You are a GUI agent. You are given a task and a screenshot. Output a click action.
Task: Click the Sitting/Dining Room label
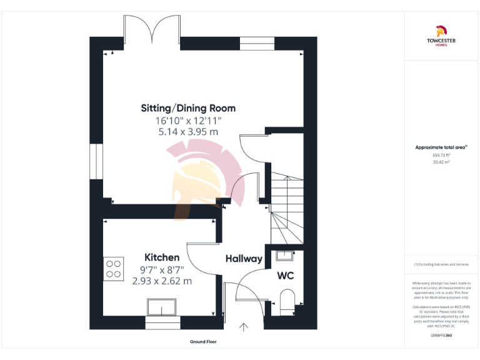pyautogui.click(x=188, y=108)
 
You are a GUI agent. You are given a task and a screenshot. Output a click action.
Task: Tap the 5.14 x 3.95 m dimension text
pyautogui.click(x=188, y=132)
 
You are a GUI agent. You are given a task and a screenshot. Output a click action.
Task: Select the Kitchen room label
pyautogui.click(x=162, y=257)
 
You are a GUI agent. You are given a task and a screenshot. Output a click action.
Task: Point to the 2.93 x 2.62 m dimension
pyautogui.click(x=162, y=281)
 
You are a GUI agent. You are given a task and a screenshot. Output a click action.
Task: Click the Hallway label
pyautogui.click(x=244, y=259)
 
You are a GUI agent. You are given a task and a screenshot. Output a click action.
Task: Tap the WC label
pyautogui.click(x=285, y=276)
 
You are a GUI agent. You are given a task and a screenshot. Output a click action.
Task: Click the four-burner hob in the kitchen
pyautogui.click(x=114, y=269)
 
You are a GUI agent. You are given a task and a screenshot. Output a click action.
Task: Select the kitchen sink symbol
pyautogui.click(x=162, y=307)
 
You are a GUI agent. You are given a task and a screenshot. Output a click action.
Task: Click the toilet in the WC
pyautogui.click(x=287, y=301)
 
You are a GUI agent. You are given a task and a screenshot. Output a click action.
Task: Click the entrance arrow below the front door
pyautogui.click(x=243, y=326)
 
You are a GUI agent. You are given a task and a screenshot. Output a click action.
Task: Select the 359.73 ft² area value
pyautogui.click(x=441, y=155)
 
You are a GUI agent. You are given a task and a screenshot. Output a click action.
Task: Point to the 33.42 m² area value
pyautogui.click(x=441, y=161)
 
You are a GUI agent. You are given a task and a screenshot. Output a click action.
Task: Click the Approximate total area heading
pyautogui.click(x=441, y=147)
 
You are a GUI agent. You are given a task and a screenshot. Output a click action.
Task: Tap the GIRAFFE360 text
pyautogui.click(x=441, y=336)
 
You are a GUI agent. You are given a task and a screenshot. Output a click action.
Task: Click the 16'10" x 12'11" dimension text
pyautogui.click(x=188, y=120)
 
